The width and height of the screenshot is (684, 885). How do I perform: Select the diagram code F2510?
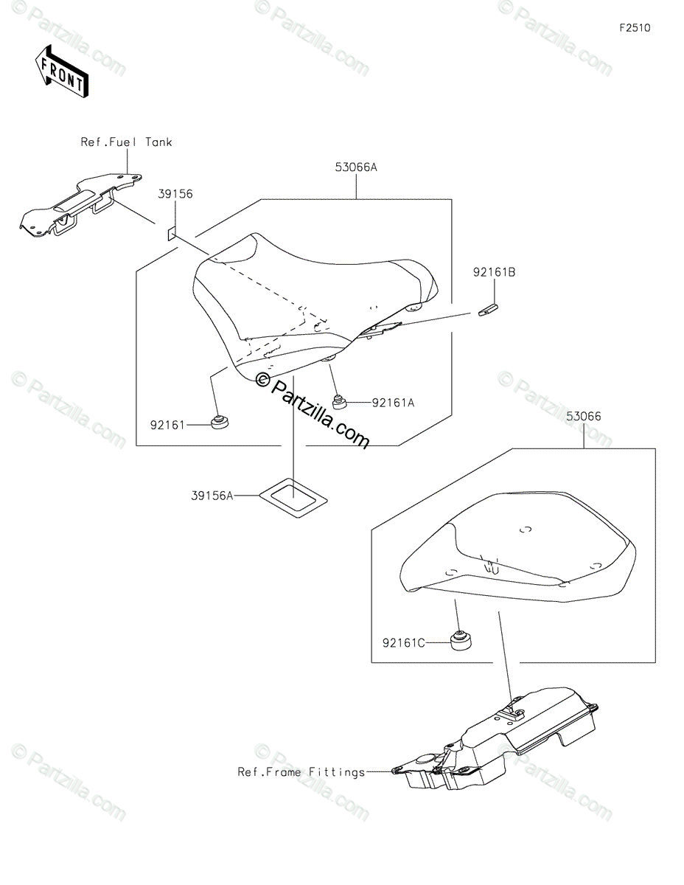coord(635,29)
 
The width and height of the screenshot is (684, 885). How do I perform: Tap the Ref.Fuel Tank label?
coord(126,142)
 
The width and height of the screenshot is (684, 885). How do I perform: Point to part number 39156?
coord(175,194)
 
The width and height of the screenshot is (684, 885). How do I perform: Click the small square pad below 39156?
coord(171,234)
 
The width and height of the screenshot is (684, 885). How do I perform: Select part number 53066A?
coord(357,167)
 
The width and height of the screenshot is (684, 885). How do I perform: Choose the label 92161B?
coord(494,272)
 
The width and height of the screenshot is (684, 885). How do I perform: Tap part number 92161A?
coord(393,403)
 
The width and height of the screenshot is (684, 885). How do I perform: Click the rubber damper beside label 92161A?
coord(340,403)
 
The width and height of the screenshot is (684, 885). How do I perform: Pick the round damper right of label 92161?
coord(218,423)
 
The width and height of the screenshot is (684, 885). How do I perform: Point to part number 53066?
coord(584,416)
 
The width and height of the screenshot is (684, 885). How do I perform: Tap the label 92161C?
coord(403,642)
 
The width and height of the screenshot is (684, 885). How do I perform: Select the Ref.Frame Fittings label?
coord(301,772)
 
